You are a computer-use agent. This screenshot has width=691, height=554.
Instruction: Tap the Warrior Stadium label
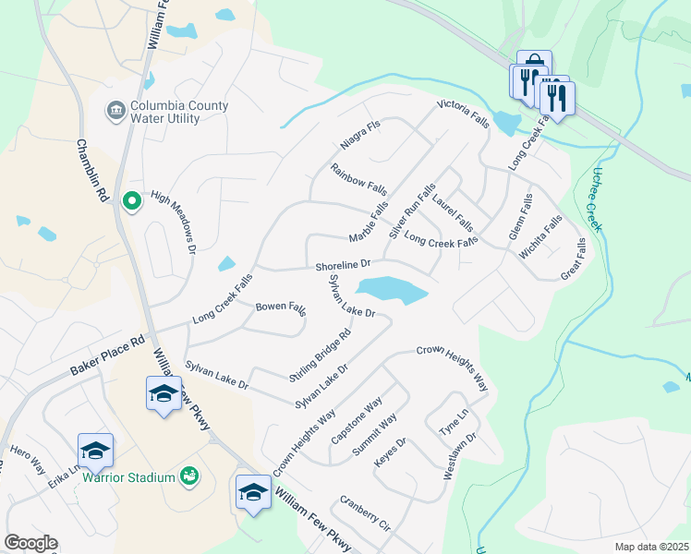click(128, 477)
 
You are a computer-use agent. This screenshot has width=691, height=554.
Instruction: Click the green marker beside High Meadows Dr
click(131, 199)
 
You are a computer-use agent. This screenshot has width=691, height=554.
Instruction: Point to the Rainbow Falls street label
click(358, 179)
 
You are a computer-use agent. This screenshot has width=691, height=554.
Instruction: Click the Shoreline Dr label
click(343, 266)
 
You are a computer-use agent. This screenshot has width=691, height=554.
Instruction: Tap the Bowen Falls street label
click(281, 307)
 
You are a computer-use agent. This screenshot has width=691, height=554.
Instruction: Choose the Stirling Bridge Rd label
click(321, 354)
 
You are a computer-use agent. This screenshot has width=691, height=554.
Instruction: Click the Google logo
click(30, 543)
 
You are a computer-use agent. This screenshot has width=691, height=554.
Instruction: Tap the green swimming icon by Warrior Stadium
click(189, 476)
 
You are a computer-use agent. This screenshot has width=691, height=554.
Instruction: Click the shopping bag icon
click(534, 61)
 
